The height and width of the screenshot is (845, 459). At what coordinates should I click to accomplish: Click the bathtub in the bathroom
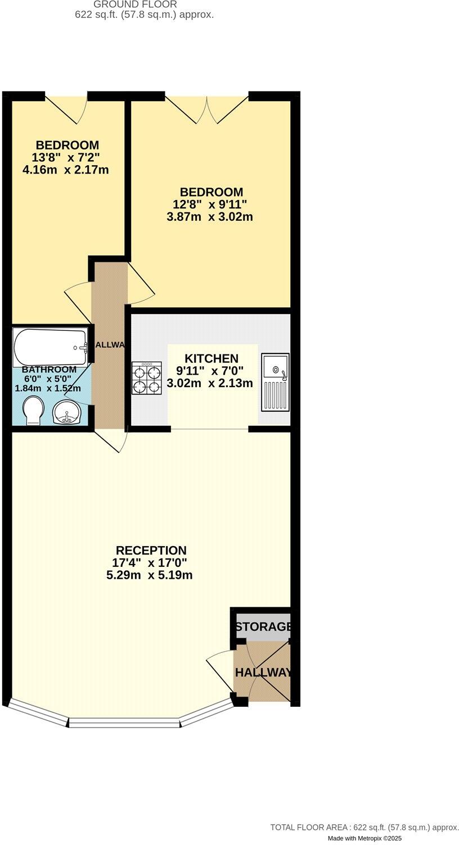click(x=50, y=347)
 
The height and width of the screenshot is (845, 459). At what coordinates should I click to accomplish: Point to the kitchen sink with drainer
click(x=275, y=381)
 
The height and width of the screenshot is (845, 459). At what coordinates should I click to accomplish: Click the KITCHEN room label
click(x=211, y=358)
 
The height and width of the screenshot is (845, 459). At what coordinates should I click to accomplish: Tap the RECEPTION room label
click(x=151, y=550)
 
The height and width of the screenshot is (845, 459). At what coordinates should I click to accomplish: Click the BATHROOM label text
click(x=49, y=370)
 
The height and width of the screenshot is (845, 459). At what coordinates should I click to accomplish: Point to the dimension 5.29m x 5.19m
click(x=150, y=575)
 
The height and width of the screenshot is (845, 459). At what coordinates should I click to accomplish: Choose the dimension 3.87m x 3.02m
click(x=209, y=216)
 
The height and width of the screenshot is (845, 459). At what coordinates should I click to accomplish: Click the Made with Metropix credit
click(x=364, y=838)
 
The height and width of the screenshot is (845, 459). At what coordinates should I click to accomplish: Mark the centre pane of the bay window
click(x=124, y=723)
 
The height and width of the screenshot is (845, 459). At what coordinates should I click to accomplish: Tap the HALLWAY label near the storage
click(x=263, y=673)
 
